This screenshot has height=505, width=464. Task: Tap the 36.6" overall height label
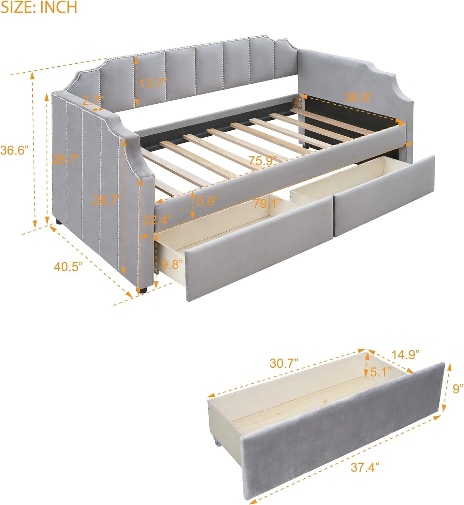pos(13,150)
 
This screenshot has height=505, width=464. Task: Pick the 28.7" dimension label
pos(66,159)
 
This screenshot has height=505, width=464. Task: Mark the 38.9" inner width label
pos(358,97)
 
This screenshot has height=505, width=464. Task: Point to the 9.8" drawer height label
pos(172,264)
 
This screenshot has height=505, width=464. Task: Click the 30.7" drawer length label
pos(284,363)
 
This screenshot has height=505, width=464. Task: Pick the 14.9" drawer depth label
pos(405,354)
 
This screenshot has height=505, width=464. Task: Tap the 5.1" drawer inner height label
pos(381,372)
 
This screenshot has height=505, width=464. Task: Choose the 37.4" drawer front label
pos(365,467)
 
